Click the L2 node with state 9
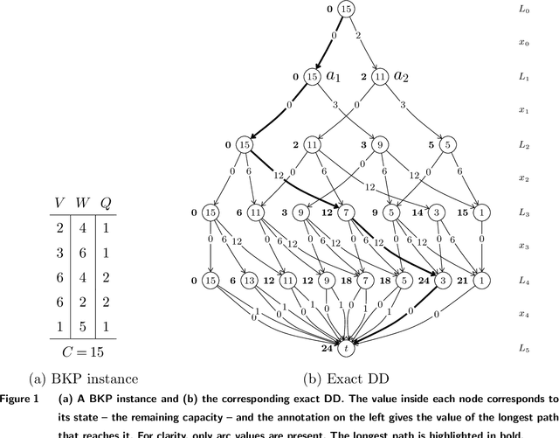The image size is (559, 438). [381, 145]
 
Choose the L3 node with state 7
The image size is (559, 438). [347, 212]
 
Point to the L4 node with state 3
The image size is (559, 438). [443, 281]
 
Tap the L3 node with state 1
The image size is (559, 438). [482, 212]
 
